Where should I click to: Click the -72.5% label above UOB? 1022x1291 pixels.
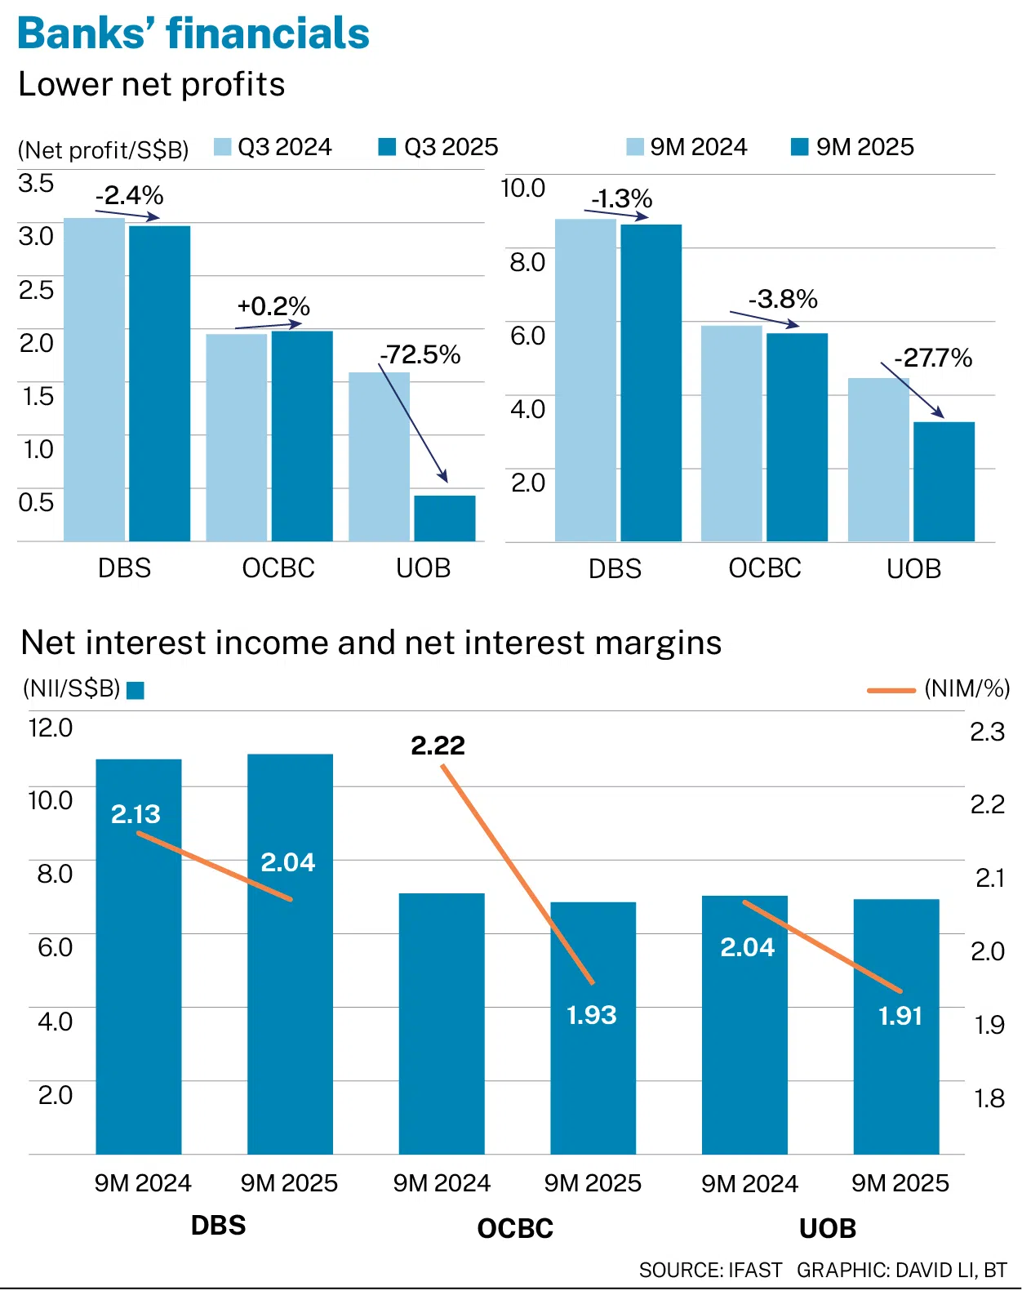pyautogui.click(x=420, y=354)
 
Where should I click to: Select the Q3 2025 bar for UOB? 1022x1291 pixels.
pyautogui.click(x=445, y=518)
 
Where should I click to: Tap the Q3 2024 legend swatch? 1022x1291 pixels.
pyautogui.click(x=222, y=147)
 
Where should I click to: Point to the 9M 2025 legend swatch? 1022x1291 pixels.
pyautogui.click(x=800, y=147)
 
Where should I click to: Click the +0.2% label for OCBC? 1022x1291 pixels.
pyautogui.click(x=273, y=306)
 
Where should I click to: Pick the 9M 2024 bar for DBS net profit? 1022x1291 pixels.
pyautogui.click(x=585, y=380)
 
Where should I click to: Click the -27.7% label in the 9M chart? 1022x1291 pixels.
pyautogui.click(x=933, y=358)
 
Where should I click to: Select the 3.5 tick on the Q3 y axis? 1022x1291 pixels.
pyautogui.click(x=36, y=183)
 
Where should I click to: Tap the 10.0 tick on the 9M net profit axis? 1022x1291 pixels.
pyautogui.click(x=522, y=189)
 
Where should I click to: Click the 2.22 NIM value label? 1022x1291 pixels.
pyautogui.click(x=438, y=746)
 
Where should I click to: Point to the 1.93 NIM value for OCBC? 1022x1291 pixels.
pyautogui.click(x=592, y=1015)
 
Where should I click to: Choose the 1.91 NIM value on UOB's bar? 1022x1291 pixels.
pyautogui.click(x=900, y=1016)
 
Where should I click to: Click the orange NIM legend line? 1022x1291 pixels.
pyautogui.click(x=891, y=691)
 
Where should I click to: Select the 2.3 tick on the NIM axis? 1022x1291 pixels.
pyautogui.click(x=987, y=732)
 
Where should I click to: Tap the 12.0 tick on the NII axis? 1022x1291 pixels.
pyautogui.click(x=51, y=728)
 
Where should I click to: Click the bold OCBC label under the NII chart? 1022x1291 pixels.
pyautogui.click(x=515, y=1228)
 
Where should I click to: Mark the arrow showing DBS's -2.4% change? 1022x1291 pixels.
pyautogui.click(x=128, y=215)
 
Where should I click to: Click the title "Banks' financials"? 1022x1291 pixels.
pyautogui.click(x=193, y=33)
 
